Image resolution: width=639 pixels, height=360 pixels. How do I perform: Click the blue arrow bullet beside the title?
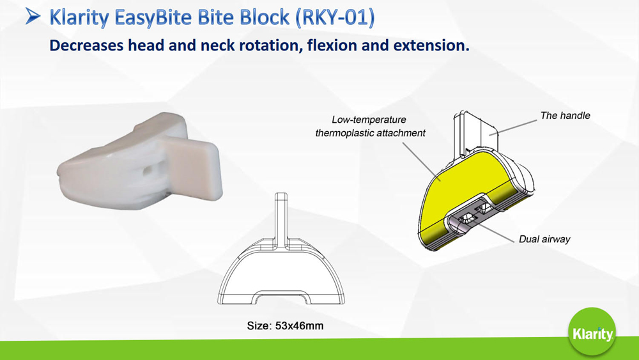coord(33,17)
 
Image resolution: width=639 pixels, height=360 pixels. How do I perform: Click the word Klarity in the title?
coord(79,18)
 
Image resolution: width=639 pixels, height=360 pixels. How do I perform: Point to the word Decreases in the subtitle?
coord(86,45)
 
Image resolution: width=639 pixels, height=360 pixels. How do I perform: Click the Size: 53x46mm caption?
coord(285,325)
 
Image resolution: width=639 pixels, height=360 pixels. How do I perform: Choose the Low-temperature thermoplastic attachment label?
coord(370,127)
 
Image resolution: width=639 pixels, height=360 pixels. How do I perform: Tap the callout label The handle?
coord(566,115)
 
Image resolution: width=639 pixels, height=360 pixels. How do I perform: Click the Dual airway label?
coord(544,239)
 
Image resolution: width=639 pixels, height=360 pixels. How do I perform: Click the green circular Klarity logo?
coord(592,333)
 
